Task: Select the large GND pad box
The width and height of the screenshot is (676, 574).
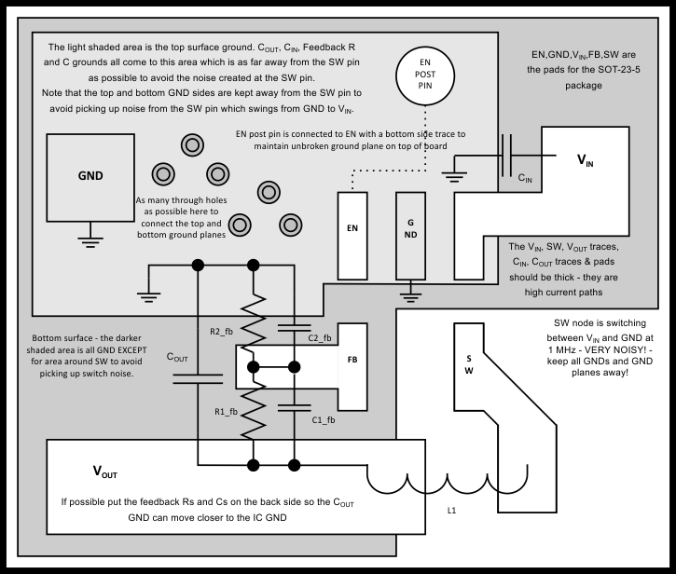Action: click(90, 175)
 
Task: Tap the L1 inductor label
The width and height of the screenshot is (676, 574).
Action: click(451, 510)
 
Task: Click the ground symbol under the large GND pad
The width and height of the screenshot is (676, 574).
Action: click(90, 240)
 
